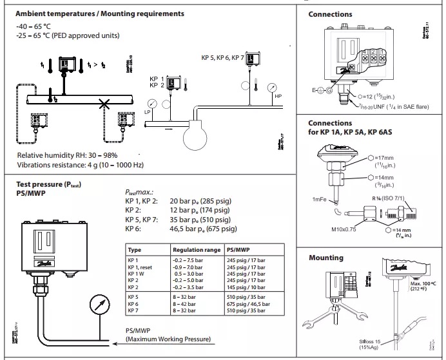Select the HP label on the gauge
(x=278, y=97)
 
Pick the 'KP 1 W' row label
(x=137, y=272)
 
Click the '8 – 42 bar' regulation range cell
(x=187, y=303)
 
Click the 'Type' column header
(x=135, y=248)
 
